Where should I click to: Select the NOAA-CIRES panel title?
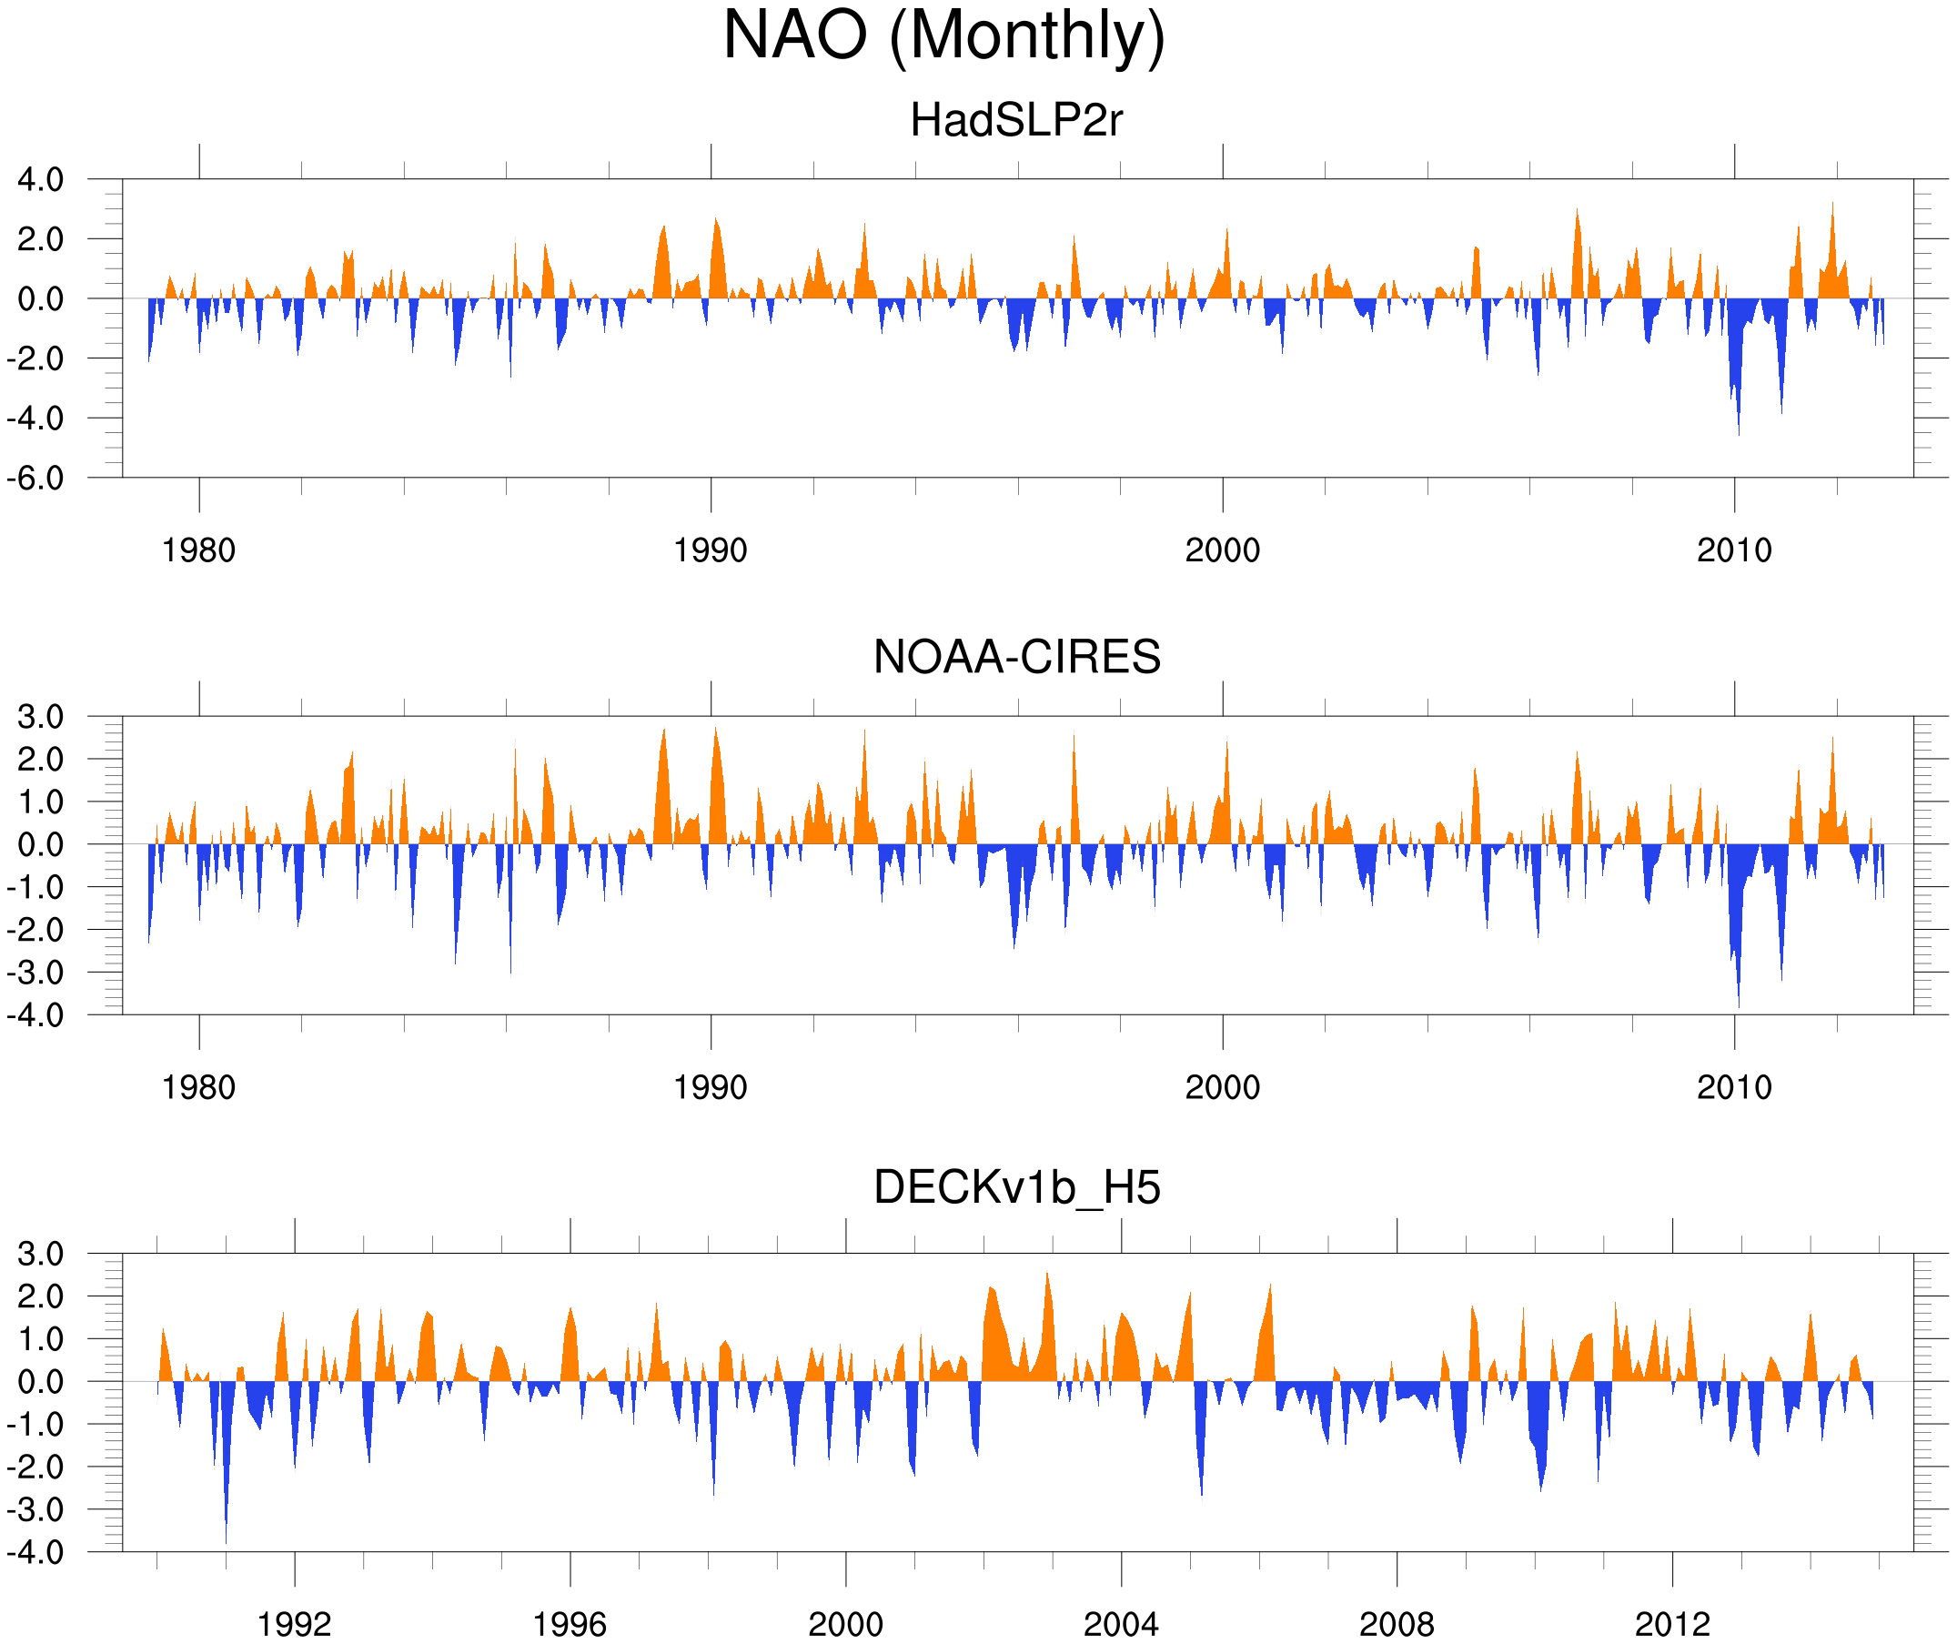coord(1015,657)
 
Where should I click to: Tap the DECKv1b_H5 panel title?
coord(1015,1188)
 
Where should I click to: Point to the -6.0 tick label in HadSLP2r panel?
coord(35,479)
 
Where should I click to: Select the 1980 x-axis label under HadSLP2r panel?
coord(198,550)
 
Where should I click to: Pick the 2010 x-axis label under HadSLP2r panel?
coord(1733,550)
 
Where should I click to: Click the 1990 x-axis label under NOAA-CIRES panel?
coord(711,1087)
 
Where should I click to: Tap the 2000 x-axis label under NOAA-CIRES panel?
coord(1222,1087)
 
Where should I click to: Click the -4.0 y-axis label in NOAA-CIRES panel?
coord(35,1015)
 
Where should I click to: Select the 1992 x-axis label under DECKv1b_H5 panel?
coord(295,1624)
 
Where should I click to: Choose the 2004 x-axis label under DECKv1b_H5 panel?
coord(1120,1624)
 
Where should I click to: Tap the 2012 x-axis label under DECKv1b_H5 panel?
coord(1672,1624)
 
